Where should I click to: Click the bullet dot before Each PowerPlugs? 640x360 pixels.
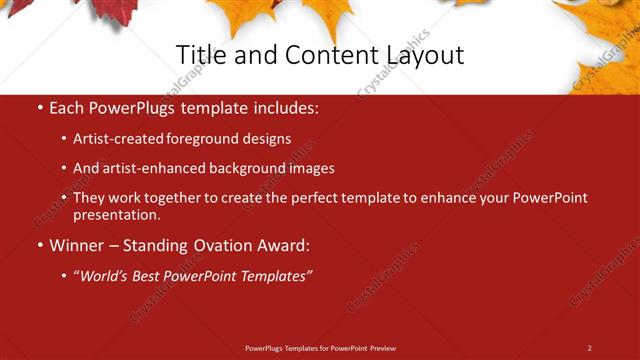[x=39, y=106]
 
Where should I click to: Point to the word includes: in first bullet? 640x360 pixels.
[x=288, y=106]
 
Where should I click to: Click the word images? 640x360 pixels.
[x=308, y=168]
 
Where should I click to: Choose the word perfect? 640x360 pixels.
[x=308, y=198]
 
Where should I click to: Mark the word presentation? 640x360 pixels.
[x=117, y=214]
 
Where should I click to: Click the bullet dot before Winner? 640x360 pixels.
[x=39, y=245]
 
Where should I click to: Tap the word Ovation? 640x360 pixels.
[x=219, y=245]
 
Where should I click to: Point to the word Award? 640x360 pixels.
[x=283, y=245]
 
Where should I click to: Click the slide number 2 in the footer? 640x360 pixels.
[x=589, y=348]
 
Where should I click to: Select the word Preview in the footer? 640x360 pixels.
[x=382, y=348]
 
